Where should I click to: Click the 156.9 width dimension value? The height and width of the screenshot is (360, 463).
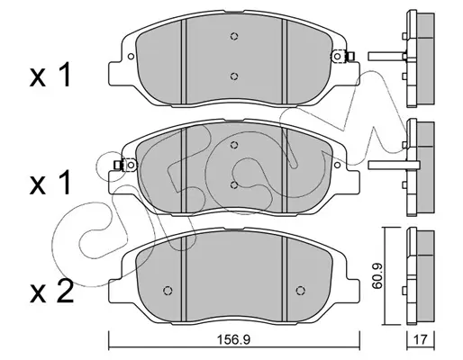pos(233,339)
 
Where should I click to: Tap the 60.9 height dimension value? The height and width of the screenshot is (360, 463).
pos(377,275)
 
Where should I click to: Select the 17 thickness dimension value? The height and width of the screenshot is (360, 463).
pos(421,339)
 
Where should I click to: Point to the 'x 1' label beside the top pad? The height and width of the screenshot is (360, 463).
pos(50,75)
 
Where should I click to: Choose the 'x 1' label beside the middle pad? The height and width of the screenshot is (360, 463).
pos(50,183)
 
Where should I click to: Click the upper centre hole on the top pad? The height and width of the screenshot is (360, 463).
pos(234,36)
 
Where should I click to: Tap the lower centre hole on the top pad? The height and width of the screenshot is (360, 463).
pos(234,76)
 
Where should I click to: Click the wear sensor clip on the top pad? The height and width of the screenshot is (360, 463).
pos(343,57)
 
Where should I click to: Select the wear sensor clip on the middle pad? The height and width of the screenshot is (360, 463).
pos(125,165)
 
